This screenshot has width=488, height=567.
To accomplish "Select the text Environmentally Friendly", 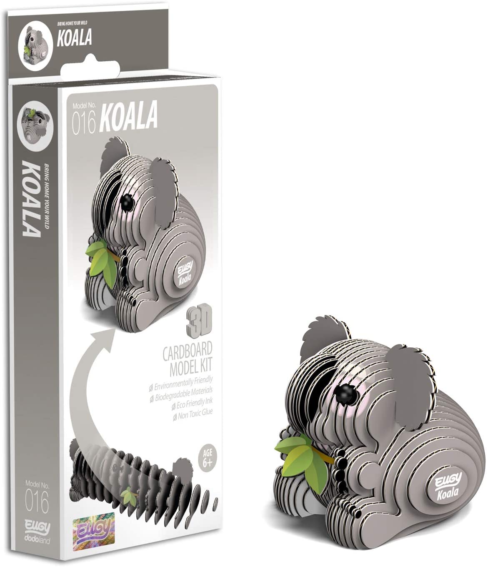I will [x=184, y=380].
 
